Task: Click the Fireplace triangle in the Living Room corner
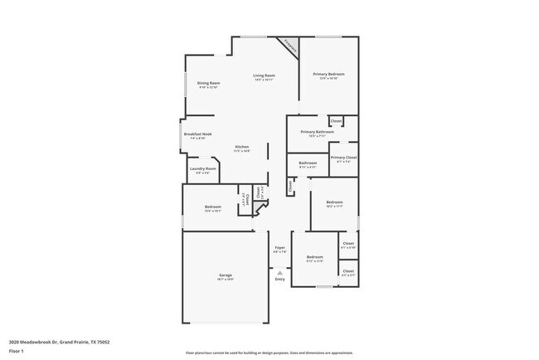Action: (x=291, y=47)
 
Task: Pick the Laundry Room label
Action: (x=202, y=170)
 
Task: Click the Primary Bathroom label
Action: (x=317, y=133)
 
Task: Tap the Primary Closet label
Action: (x=343, y=158)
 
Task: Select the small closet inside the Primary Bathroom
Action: (x=336, y=122)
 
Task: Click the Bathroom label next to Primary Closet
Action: (x=308, y=164)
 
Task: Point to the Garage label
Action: (x=225, y=276)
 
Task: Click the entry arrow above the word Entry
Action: (x=279, y=270)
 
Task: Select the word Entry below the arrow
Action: (x=279, y=280)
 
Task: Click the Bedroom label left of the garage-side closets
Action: (x=314, y=259)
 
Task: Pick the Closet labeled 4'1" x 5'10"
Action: (x=347, y=246)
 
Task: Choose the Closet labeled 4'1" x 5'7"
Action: (x=347, y=272)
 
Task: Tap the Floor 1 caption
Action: (x=16, y=351)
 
